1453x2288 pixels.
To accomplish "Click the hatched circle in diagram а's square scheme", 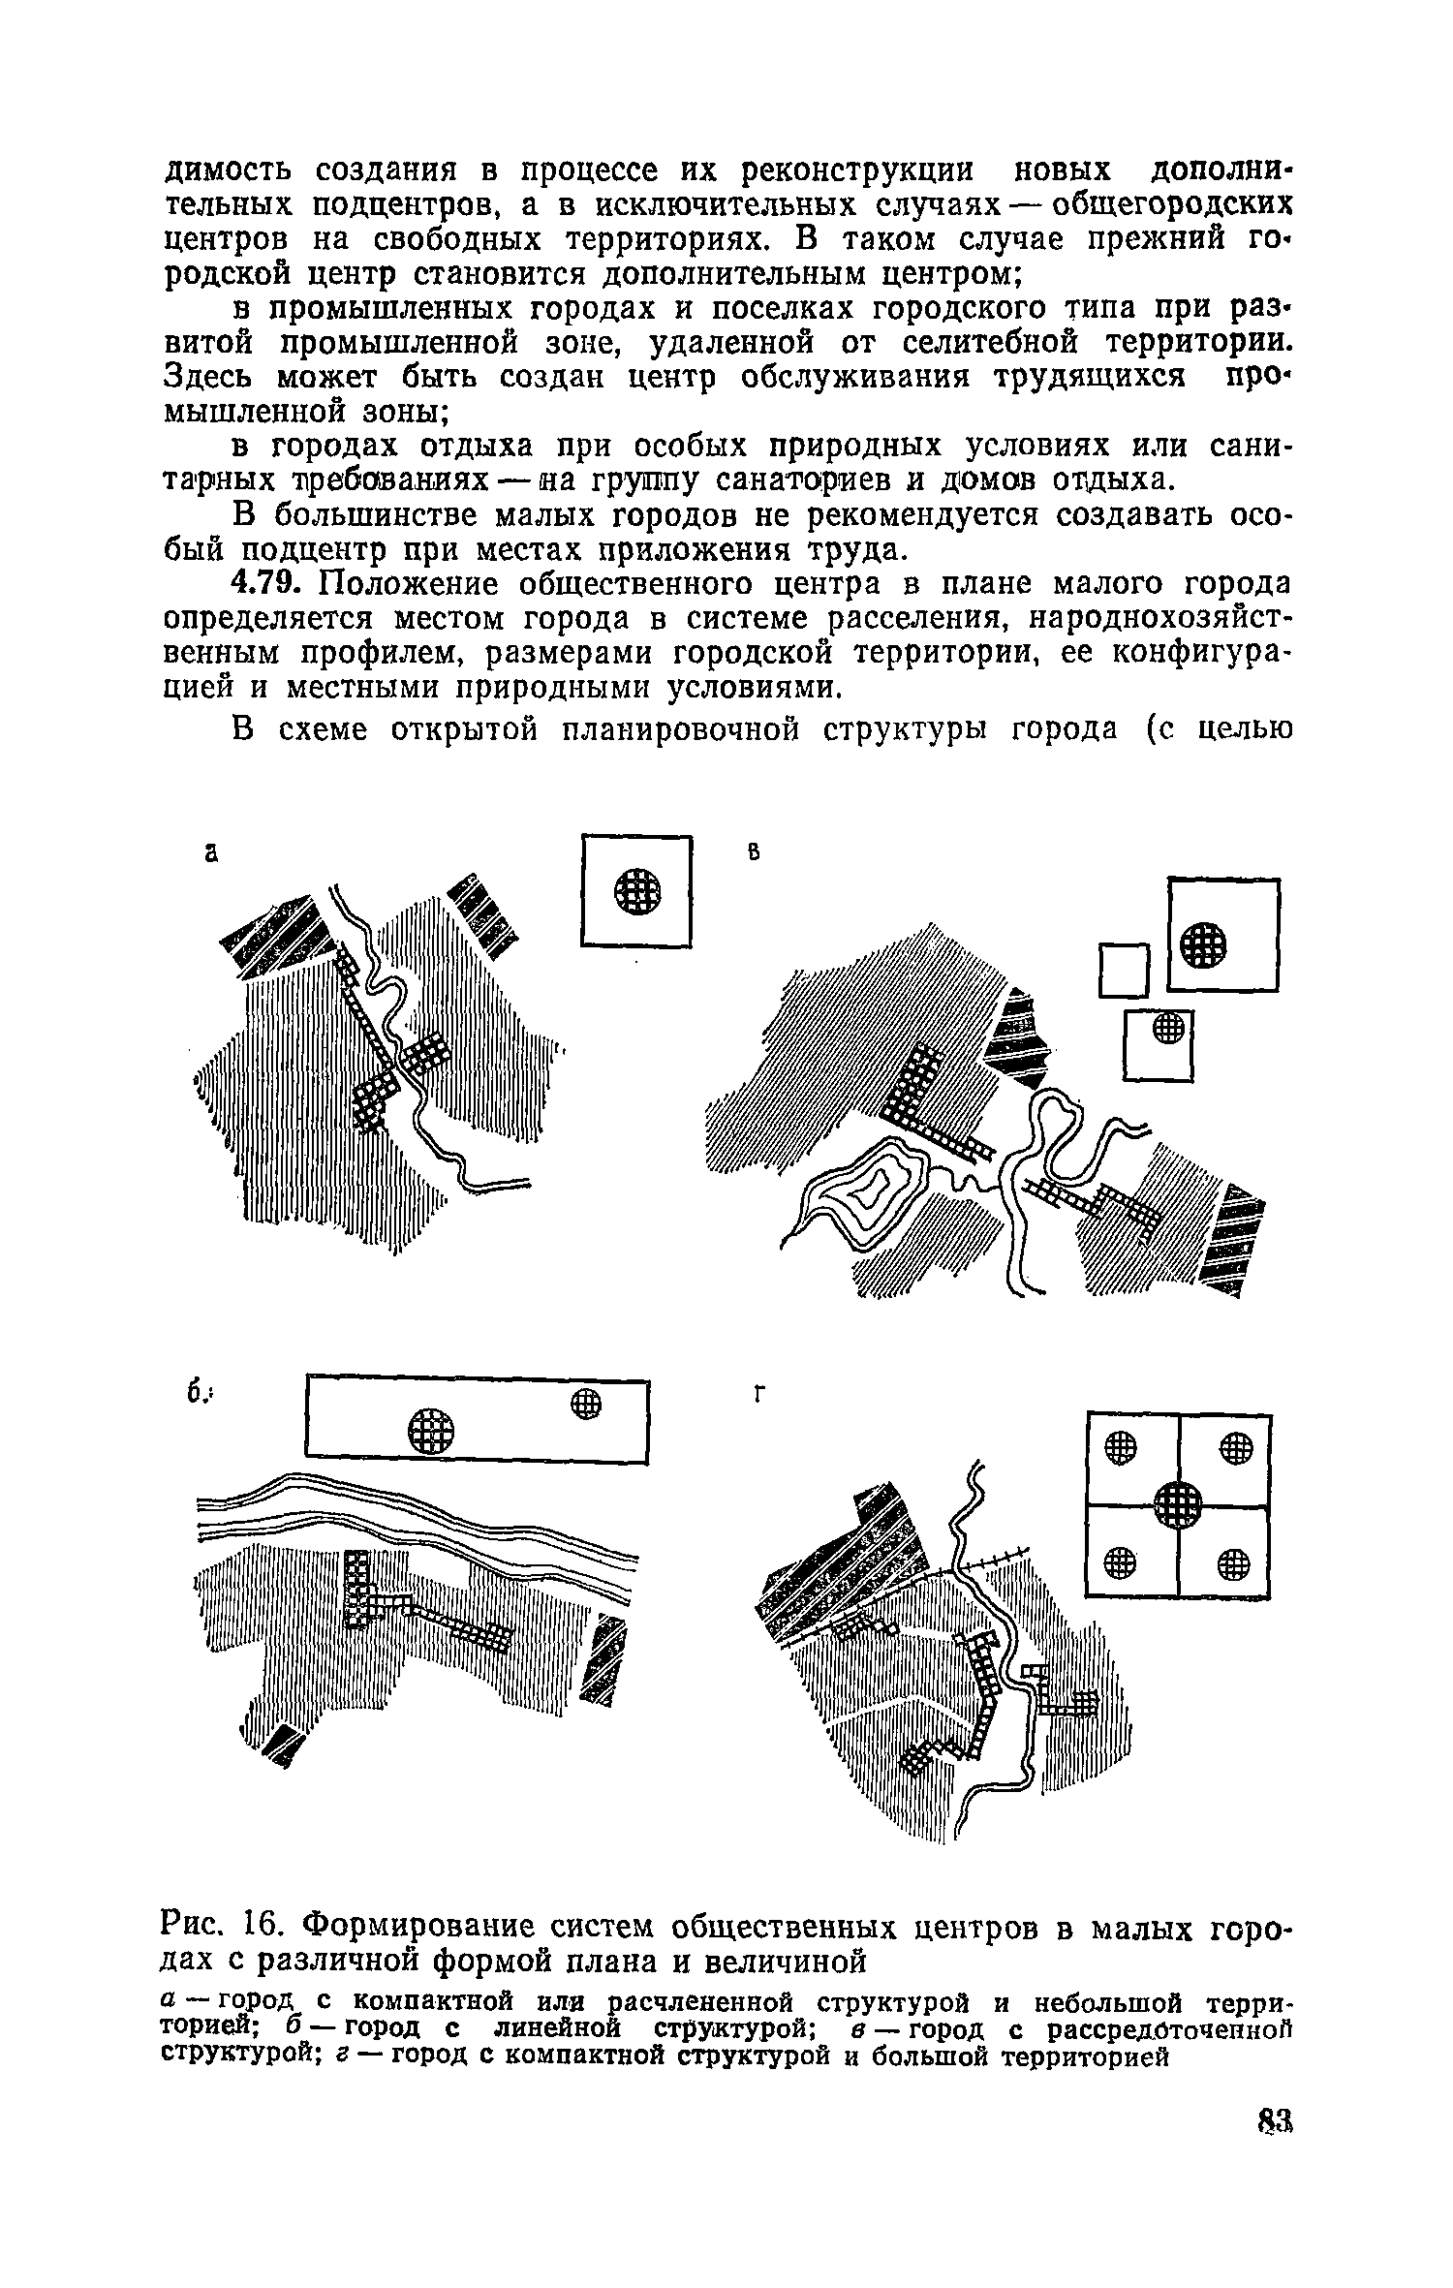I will click(x=638, y=889).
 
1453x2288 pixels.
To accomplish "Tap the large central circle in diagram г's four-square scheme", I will click(x=1179, y=1505).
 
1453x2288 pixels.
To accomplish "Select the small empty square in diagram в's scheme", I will click(x=1124, y=970).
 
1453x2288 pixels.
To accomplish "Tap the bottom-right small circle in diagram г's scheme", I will click(x=1233, y=1561).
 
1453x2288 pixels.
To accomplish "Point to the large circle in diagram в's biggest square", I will click(x=1203, y=943).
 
